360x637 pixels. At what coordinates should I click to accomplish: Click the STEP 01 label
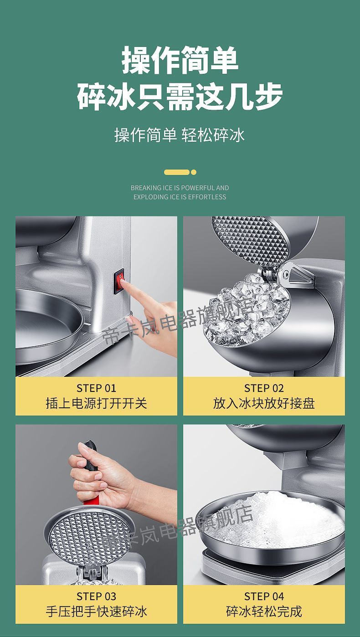[96, 388]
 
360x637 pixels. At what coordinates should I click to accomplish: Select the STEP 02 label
[264, 388]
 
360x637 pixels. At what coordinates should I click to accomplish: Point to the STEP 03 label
[96, 596]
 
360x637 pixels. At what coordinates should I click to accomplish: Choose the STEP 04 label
[264, 596]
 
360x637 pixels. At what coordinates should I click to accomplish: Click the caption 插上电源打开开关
[96, 403]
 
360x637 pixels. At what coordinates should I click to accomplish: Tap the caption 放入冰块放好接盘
[264, 403]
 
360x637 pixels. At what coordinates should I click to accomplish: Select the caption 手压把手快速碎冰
[96, 611]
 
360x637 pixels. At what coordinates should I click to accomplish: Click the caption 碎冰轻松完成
[264, 611]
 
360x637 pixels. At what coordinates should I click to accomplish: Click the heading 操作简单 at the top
[180, 62]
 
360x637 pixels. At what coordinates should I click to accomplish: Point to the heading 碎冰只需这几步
[180, 97]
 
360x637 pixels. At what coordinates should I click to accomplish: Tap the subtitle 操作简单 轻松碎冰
[180, 135]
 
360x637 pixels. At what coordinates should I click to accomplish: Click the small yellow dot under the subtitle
[194, 172]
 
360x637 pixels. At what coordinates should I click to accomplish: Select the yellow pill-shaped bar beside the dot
[176, 172]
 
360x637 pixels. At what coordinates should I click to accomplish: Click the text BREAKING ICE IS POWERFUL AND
[180, 188]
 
